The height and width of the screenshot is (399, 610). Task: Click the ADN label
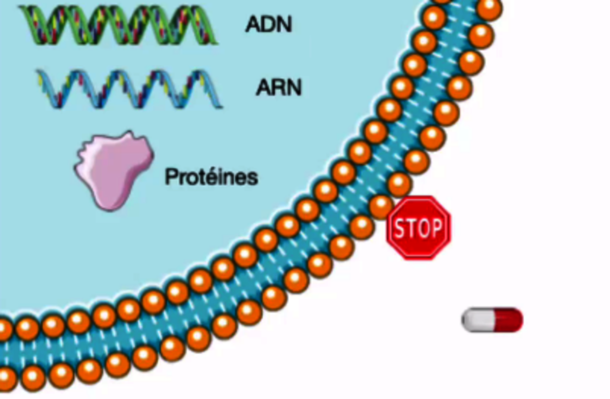click(268, 24)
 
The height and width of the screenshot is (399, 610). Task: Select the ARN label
click(279, 88)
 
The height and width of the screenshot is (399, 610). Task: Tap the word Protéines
click(211, 177)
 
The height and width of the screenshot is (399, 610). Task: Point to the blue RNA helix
click(130, 89)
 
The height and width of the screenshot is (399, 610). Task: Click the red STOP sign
click(419, 227)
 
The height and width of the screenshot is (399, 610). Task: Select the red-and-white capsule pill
click(492, 320)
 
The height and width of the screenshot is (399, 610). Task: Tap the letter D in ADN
click(268, 24)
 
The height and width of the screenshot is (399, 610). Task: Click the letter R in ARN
click(278, 88)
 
